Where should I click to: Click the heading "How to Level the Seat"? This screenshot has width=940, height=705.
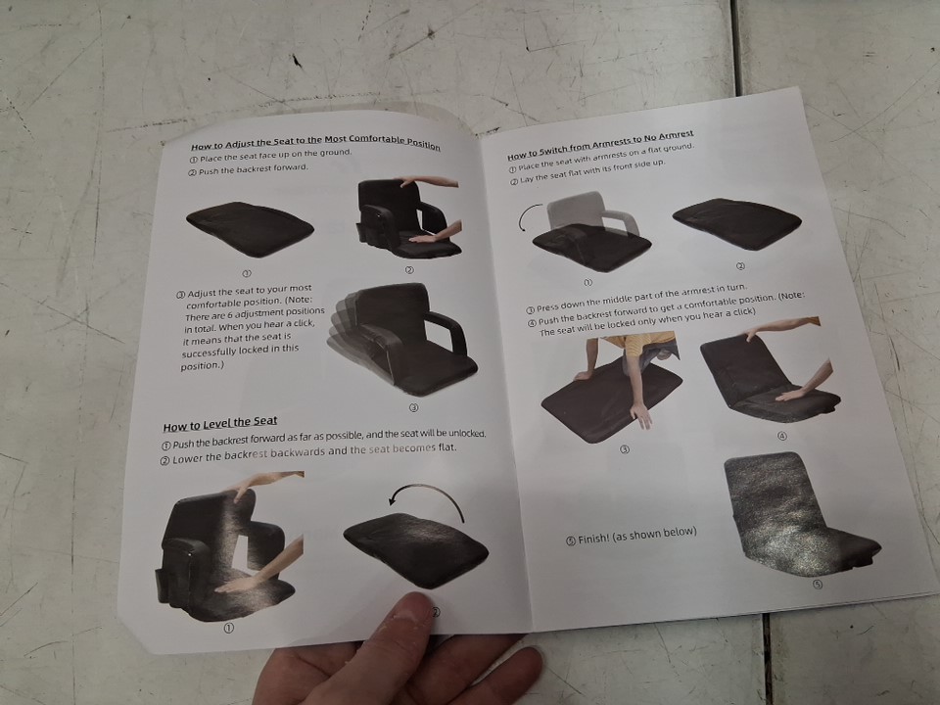pos(220,424)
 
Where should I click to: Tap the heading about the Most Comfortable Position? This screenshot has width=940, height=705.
pos(315,143)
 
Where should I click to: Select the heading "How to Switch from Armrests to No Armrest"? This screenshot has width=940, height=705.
pos(600,145)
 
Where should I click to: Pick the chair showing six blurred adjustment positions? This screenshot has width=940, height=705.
pos(402,339)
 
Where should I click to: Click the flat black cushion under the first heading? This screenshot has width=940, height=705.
pos(250,228)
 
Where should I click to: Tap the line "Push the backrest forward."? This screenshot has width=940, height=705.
pos(248,169)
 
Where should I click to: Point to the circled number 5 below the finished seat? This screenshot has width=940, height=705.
pos(818,584)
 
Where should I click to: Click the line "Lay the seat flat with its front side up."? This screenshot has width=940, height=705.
pos(587,171)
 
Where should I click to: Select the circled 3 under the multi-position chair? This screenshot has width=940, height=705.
pos(413,407)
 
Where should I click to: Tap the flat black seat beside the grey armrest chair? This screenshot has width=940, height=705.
pos(736,223)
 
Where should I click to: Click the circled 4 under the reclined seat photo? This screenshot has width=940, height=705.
pos(781,436)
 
